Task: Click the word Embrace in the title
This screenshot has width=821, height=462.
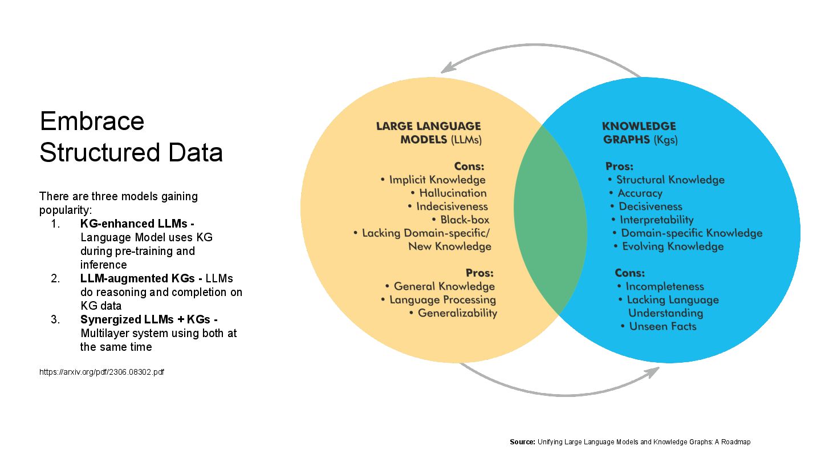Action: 92,121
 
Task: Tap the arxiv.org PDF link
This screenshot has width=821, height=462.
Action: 101,372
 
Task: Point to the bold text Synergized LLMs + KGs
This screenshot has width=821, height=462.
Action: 145,319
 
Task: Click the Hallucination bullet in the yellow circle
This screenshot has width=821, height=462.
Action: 453,193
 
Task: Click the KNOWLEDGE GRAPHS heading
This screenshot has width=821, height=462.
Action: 639,132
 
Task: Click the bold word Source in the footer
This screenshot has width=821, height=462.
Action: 522,442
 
